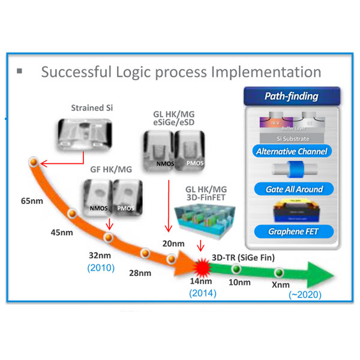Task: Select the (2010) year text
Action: (101, 268)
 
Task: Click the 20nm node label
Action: (173, 244)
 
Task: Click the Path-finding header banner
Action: (292, 96)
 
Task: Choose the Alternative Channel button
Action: (292, 151)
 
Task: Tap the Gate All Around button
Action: (292, 189)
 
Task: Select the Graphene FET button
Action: (292, 230)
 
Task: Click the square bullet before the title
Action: (20, 71)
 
